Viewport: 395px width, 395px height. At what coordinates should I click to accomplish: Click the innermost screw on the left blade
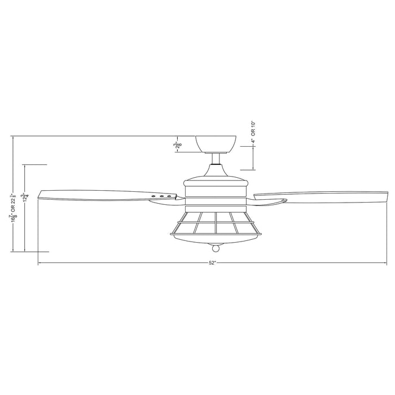(x=169, y=196)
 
